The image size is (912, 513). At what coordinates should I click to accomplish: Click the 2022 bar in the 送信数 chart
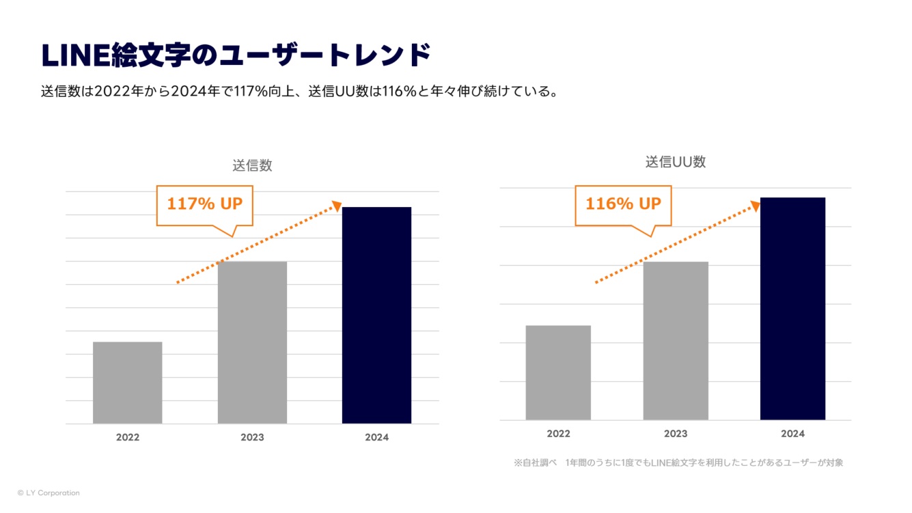pyautogui.click(x=127, y=383)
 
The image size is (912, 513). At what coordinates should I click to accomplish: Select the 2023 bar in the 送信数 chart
pyautogui.click(x=252, y=342)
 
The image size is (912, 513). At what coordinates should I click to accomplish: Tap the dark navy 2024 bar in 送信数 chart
pyautogui.click(x=376, y=315)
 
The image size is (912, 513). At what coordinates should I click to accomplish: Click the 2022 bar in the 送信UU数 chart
pyautogui.click(x=558, y=372)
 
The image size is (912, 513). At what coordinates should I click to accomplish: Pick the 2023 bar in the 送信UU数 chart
pyautogui.click(x=676, y=340)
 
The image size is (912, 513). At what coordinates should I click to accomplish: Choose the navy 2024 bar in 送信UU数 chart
pyautogui.click(x=792, y=308)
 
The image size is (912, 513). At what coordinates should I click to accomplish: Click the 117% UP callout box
pyautogui.click(x=204, y=204)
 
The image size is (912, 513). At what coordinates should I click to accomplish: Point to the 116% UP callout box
pyautogui.click(x=623, y=204)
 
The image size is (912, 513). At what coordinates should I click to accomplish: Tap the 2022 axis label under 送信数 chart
pyautogui.click(x=127, y=437)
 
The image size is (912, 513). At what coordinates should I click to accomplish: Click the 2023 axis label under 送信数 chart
pyautogui.click(x=252, y=437)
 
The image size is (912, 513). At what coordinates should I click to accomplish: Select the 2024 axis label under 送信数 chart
pyautogui.click(x=376, y=437)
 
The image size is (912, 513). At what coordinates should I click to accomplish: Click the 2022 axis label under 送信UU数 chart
pyautogui.click(x=558, y=434)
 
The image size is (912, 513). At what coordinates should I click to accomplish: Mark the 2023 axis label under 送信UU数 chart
pyautogui.click(x=676, y=434)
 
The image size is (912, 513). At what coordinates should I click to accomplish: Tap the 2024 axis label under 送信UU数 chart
pyautogui.click(x=792, y=434)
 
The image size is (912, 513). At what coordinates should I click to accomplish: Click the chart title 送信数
pyautogui.click(x=252, y=165)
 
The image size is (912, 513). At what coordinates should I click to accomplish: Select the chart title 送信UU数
pyautogui.click(x=676, y=162)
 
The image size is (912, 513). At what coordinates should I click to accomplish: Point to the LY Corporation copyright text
pyautogui.click(x=49, y=493)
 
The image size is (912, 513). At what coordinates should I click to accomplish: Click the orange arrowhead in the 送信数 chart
pyautogui.click(x=336, y=205)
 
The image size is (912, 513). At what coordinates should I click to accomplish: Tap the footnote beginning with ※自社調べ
pyautogui.click(x=678, y=462)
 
